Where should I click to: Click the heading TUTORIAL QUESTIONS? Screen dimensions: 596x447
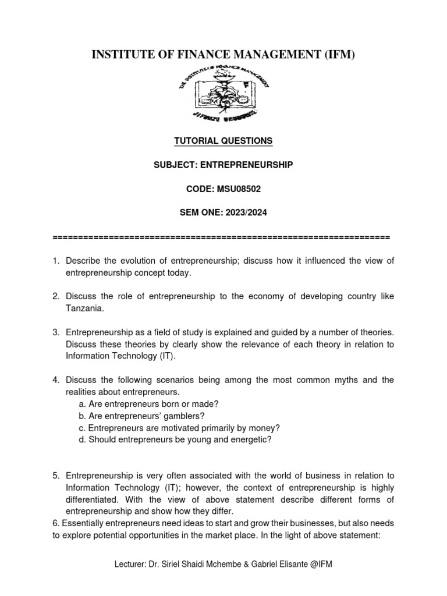click(223, 141)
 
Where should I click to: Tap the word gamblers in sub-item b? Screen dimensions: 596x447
click(182, 416)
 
